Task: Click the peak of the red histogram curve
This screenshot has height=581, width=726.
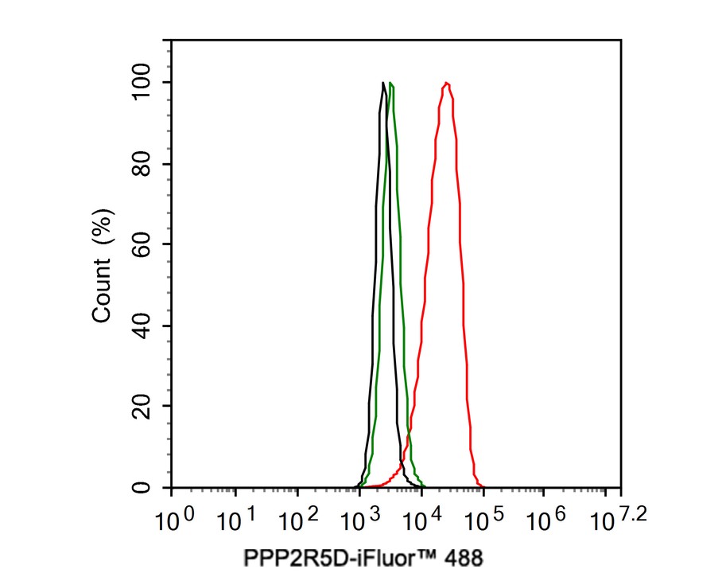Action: [x=447, y=83]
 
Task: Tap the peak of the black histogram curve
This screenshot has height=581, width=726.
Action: [x=383, y=83]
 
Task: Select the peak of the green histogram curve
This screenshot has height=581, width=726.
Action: [x=391, y=84]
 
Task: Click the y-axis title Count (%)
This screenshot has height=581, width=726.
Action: [x=103, y=264]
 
